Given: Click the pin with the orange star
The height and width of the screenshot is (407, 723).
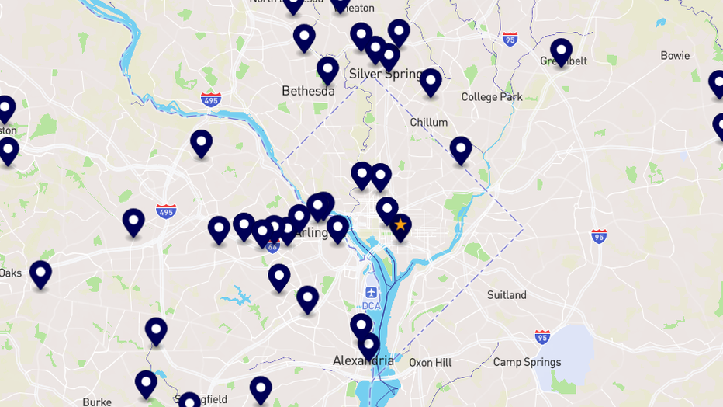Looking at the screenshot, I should pos(400,226).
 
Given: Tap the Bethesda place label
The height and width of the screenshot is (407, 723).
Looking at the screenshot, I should pos(308,91).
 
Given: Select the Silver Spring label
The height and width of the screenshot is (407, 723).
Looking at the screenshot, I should pos(385,74).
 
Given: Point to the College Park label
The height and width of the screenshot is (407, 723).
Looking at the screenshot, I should pos(491,97).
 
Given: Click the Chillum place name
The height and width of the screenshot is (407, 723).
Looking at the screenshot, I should pos(428,122).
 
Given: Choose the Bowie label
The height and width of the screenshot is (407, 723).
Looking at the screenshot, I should pos(675,56).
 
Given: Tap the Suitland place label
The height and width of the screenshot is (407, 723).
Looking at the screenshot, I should pos(507,295).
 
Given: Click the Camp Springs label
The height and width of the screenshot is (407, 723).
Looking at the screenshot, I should pos(527,362).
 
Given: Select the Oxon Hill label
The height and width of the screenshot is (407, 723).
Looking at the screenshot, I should pos(430,362).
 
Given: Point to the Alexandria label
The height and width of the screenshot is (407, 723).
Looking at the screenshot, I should pos(363,360).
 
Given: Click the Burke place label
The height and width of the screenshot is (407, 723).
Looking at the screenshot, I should pos(97,402).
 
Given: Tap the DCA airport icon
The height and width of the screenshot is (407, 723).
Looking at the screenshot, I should pos(372,293).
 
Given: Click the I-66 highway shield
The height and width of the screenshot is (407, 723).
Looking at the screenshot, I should pos(272,246).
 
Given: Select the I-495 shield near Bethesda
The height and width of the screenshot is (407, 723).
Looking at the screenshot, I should pos(210,99).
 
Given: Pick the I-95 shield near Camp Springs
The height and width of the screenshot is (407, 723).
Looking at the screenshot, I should pos(542,336).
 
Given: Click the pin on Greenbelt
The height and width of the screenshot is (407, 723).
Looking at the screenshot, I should pos(561,51).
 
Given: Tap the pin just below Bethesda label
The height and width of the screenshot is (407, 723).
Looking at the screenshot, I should pos(328,70).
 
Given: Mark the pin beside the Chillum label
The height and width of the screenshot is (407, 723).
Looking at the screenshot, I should pos(431,82).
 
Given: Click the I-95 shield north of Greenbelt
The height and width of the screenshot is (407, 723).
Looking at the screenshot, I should pos(510,39).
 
